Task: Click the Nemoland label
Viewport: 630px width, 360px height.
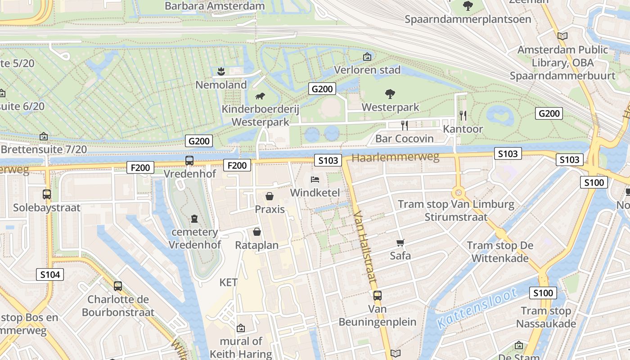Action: pyautogui.click(x=221, y=85)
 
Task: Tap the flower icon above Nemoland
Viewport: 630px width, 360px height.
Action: pyautogui.click(x=221, y=71)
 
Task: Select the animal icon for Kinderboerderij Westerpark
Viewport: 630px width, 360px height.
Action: pyautogui.click(x=260, y=96)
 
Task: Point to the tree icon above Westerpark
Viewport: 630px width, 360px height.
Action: pyautogui.click(x=390, y=94)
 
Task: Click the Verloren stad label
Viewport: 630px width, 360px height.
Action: pyautogui.click(x=367, y=70)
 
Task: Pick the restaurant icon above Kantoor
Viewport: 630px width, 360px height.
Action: pyautogui.click(x=463, y=116)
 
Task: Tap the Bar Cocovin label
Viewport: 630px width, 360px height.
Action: pyautogui.click(x=404, y=139)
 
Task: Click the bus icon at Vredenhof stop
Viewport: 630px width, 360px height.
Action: pyautogui.click(x=189, y=160)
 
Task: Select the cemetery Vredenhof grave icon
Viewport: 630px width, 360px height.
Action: pyautogui.click(x=194, y=219)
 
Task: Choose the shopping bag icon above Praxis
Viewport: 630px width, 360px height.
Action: pyautogui.click(x=270, y=196)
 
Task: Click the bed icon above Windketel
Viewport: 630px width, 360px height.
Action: pyautogui.click(x=315, y=180)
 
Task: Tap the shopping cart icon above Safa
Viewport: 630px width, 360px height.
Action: pyautogui.click(x=400, y=243)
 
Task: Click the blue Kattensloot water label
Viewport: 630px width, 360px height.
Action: pyautogui.click(x=477, y=308)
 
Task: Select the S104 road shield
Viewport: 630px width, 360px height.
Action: pyautogui.click(x=50, y=274)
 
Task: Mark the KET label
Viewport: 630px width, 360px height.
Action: pyautogui.click(x=228, y=283)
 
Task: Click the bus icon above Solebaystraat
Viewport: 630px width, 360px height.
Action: pyautogui.click(x=47, y=194)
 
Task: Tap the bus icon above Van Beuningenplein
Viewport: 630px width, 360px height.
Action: pyautogui.click(x=377, y=296)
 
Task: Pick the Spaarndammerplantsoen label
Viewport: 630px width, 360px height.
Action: pyautogui.click(x=468, y=19)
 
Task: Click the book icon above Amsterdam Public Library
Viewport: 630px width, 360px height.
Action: pyautogui.click(x=562, y=36)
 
